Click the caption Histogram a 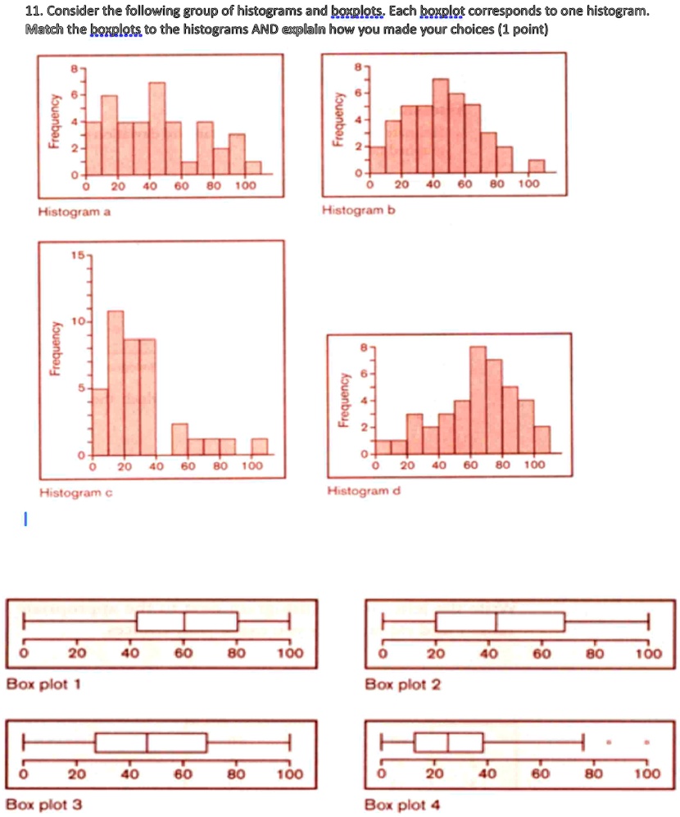tap(75, 211)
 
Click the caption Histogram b tap(359, 211)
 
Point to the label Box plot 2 tap(402, 683)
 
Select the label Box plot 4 tap(402, 804)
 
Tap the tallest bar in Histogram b tap(441, 126)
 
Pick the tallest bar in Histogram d tap(478, 399)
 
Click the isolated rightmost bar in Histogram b tap(536, 166)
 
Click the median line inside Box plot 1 tap(184, 622)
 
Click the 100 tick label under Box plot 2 tap(647, 654)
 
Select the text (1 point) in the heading tap(520, 30)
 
